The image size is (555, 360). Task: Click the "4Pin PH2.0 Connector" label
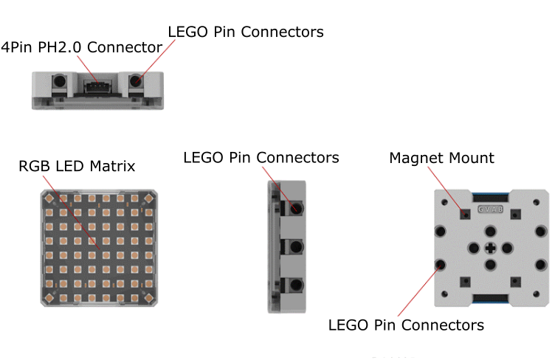[x=82, y=47]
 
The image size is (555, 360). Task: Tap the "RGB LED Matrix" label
[x=77, y=166]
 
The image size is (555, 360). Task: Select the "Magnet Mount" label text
[x=441, y=158]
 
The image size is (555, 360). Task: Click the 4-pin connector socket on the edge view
[x=95, y=86]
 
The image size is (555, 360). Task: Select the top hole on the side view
[x=296, y=208]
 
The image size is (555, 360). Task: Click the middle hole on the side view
[x=296, y=246]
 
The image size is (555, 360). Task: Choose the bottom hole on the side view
[x=296, y=285]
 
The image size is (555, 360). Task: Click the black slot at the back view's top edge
[x=490, y=197]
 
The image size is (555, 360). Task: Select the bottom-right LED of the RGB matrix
[x=148, y=297]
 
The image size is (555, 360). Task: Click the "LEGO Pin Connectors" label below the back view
[x=406, y=325]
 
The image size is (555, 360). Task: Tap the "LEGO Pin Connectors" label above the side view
[x=261, y=158]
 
